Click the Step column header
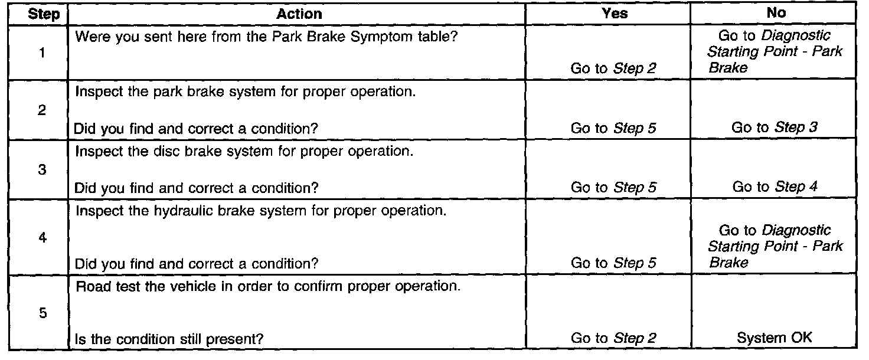[44, 14]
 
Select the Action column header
[300, 14]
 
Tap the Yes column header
[615, 14]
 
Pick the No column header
[775, 14]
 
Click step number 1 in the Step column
[42, 53]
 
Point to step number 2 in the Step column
[42, 110]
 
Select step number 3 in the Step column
[42, 170]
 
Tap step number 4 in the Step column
[42, 238]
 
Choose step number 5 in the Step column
[42, 313]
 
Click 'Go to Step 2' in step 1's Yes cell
[613, 68]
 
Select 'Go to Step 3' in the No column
[775, 127]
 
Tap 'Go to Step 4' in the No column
[775, 188]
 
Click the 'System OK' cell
[775, 338]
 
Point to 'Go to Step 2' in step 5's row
[613, 339]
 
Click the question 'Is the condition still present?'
[169, 339]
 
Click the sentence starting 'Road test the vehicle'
[267, 287]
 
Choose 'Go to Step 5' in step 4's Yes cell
[613, 264]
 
